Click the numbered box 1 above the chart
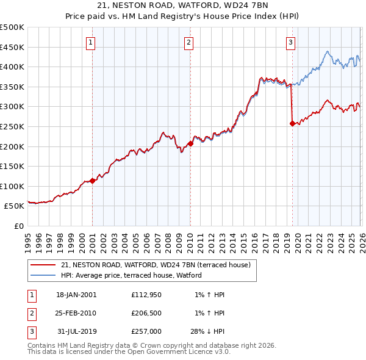coord(90,42)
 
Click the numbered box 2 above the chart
coord(189,42)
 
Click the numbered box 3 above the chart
coord(290,42)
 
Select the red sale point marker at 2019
coord(292,123)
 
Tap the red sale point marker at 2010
coord(191,143)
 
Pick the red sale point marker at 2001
coord(93,181)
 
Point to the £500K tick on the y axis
coord(12,27)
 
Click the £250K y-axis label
coord(12,126)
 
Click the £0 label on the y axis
coord(20,226)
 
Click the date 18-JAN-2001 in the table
coord(76,295)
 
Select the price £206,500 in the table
coord(146,313)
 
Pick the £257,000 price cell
coord(146,331)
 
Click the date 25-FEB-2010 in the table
coord(76,313)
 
